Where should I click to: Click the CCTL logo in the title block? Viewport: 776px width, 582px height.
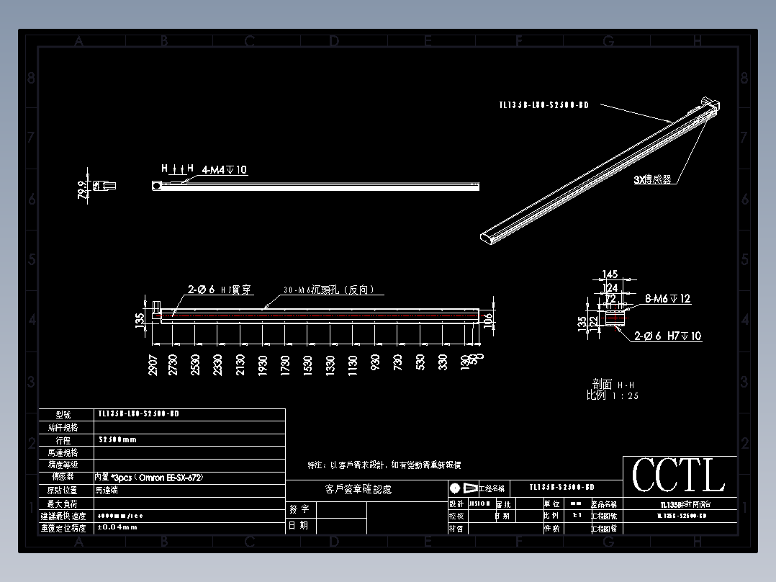coord(679,476)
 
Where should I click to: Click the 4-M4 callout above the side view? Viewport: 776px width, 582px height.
coord(225,170)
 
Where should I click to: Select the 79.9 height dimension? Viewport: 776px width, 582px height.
coord(83,189)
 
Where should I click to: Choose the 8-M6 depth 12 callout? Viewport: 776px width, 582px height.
coord(668,298)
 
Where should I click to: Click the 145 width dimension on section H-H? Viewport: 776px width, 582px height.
coord(610,274)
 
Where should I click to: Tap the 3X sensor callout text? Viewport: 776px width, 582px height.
coord(652,180)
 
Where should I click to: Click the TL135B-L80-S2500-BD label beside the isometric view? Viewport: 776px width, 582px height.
coord(543,105)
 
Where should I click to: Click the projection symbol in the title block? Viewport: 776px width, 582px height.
coord(464,488)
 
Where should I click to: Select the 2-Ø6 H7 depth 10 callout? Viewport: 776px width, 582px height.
coord(668,336)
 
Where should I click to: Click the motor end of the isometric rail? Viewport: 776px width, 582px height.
coord(709,106)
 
